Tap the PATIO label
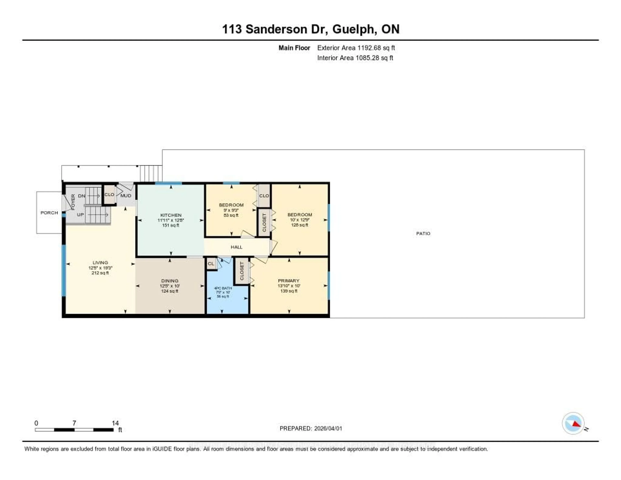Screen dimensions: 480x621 (423, 233)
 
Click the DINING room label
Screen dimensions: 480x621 (170, 281)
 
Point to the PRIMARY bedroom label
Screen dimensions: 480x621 (289, 281)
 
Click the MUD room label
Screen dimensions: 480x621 (126, 195)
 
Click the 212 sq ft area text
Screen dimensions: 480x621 (100, 273)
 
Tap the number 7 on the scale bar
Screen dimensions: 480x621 (74, 423)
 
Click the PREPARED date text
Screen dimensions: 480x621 (311, 429)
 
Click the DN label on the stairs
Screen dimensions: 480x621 (82, 196)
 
